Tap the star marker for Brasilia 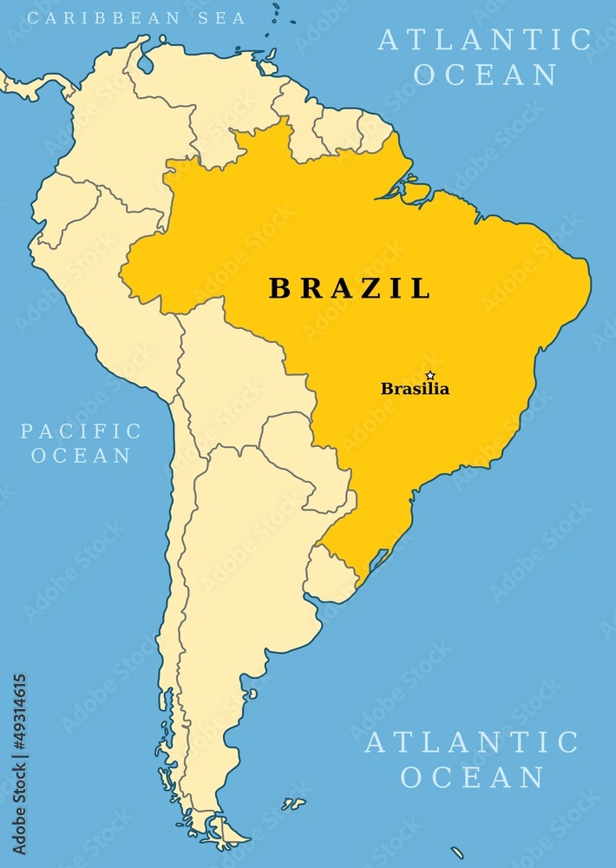(430, 375)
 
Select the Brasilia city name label (415, 389)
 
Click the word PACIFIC (81, 431)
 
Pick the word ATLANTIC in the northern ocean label (484, 40)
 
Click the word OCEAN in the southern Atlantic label (472, 777)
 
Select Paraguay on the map (299, 451)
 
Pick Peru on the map (104, 286)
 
